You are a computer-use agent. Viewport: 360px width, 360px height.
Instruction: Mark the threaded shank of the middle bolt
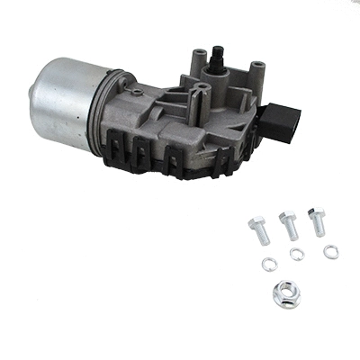[291, 233]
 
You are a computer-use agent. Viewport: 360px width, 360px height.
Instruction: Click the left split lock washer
[266, 264]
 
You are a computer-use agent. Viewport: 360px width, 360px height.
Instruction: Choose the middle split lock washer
[297, 255]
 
